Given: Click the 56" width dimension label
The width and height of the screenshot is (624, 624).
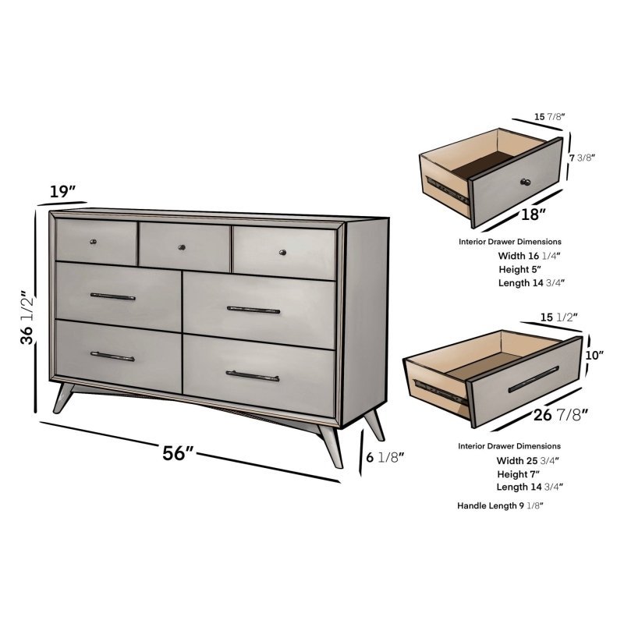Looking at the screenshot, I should point(179,453).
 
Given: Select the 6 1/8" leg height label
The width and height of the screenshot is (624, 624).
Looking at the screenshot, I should point(385,459).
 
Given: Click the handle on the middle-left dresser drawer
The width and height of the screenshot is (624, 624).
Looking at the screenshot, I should point(113,297).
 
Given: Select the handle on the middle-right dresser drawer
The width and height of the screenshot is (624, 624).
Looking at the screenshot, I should point(253,310).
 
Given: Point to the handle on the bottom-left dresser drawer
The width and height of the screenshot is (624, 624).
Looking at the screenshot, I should point(112,356).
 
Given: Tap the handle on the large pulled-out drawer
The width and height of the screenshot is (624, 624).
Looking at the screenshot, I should point(533,378).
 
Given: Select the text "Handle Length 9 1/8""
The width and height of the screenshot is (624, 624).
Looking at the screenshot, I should point(500,506).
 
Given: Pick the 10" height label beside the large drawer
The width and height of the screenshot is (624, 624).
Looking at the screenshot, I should point(595,356).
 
